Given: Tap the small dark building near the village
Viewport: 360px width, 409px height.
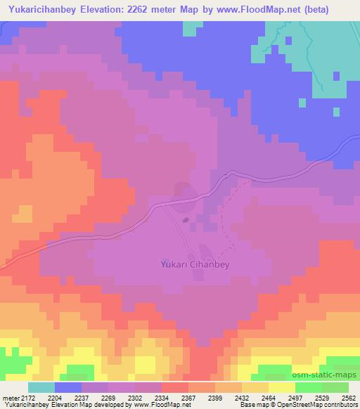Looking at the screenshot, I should pyautogui.click(x=186, y=220).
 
